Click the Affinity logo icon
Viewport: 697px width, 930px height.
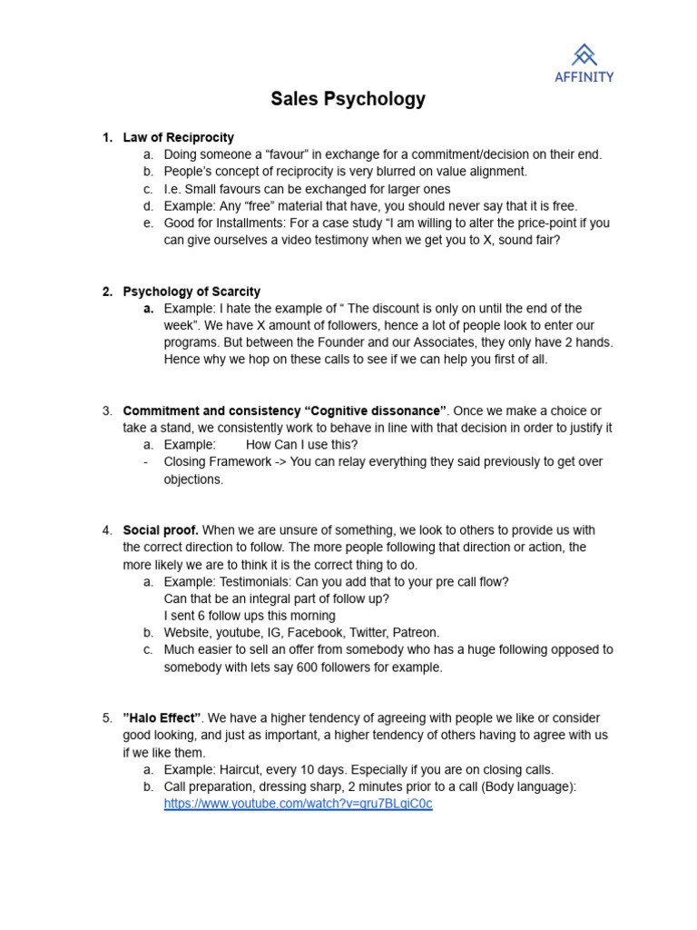(x=584, y=54)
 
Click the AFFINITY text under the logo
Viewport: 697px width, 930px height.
(x=584, y=77)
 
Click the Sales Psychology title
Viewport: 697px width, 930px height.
(x=348, y=99)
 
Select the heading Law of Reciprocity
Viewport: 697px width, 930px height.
(x=178, y=137)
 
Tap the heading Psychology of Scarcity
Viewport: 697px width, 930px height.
(x=191, y=292)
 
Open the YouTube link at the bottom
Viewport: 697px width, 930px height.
(x=298, y=804)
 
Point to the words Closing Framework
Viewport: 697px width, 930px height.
(x=217, y=461)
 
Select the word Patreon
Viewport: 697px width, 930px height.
(x=413, y=632)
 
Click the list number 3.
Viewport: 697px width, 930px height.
(x=107, y=411)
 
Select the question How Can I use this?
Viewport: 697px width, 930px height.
(x=301, y=444)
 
